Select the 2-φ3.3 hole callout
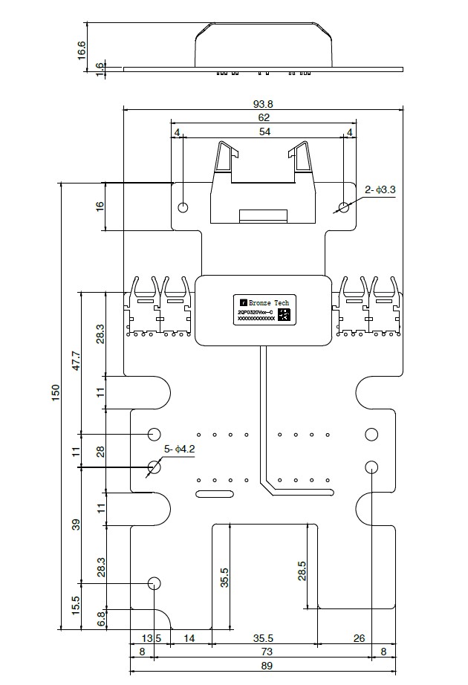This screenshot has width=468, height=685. click(x=380, y=190)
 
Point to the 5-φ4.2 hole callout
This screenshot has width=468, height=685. click(x=179, y=449)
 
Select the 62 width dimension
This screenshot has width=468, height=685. click(x=263, y=117)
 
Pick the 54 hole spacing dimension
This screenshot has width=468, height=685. click(x=263, y=132)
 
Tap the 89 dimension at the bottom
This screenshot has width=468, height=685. click(x=263, y=666)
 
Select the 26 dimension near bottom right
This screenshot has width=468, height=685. click(x=359, y=638)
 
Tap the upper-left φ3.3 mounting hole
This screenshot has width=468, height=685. click(x=183, y=207)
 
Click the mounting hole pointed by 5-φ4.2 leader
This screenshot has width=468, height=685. click(x=155, y=467)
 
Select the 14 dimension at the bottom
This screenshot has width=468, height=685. click(x=190, y=638)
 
